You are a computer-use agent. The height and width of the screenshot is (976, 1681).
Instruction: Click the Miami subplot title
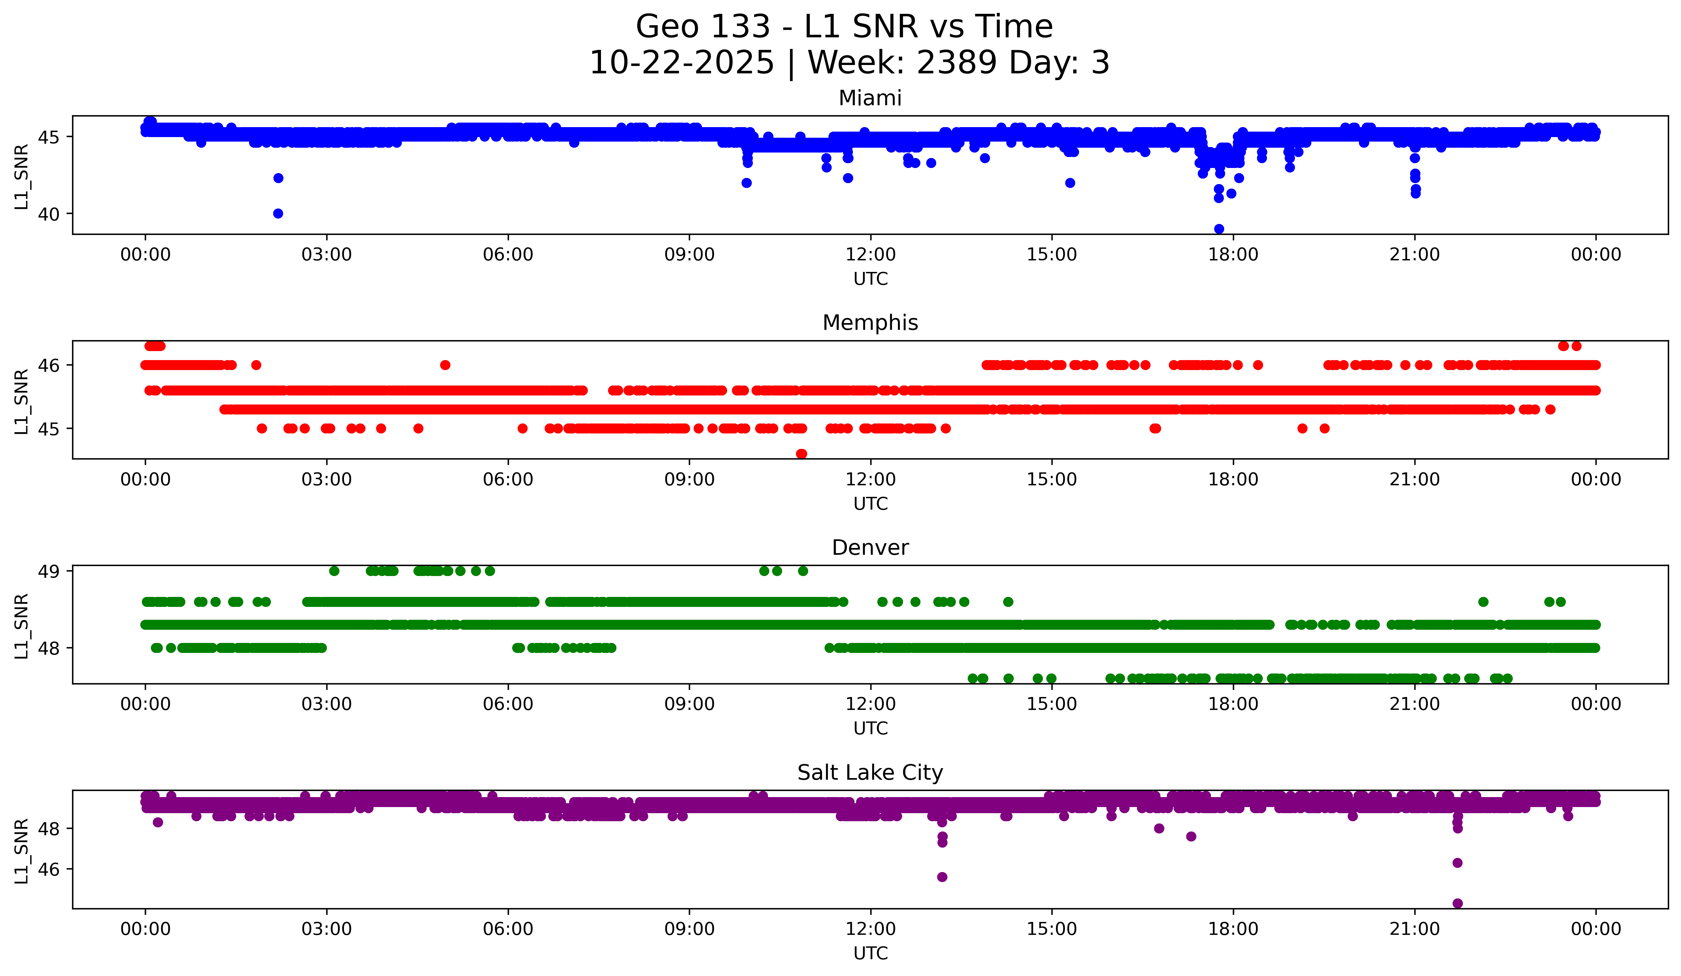870,98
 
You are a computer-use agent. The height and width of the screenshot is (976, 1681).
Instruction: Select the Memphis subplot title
870,323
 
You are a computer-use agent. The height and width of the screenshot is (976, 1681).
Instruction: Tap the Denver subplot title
870,548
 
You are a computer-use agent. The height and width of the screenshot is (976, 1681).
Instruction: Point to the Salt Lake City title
870,773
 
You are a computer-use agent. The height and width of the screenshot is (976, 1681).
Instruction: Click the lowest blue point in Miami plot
1219,229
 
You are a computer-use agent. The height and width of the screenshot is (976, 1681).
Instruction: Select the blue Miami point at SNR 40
278,213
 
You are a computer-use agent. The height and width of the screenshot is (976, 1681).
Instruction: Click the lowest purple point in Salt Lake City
1457,903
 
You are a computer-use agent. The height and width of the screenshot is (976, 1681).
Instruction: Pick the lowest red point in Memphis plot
802,454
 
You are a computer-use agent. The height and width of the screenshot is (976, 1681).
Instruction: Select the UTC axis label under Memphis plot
871,504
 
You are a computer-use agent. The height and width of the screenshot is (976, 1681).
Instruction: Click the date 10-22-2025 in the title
682,63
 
